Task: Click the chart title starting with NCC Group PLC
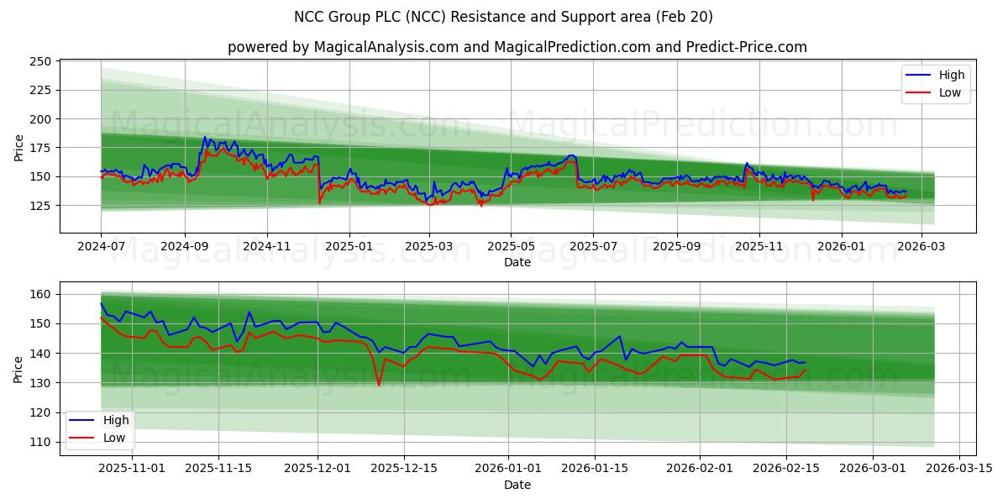(504, 17)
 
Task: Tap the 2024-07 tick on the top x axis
(101, 247)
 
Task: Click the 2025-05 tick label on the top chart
(511, 247)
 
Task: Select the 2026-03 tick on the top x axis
(921, 247)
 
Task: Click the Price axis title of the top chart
(19, 146)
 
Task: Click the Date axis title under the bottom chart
(517, 485)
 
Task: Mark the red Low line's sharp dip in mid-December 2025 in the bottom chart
(379, 385)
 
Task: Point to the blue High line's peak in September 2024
(204, 137)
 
